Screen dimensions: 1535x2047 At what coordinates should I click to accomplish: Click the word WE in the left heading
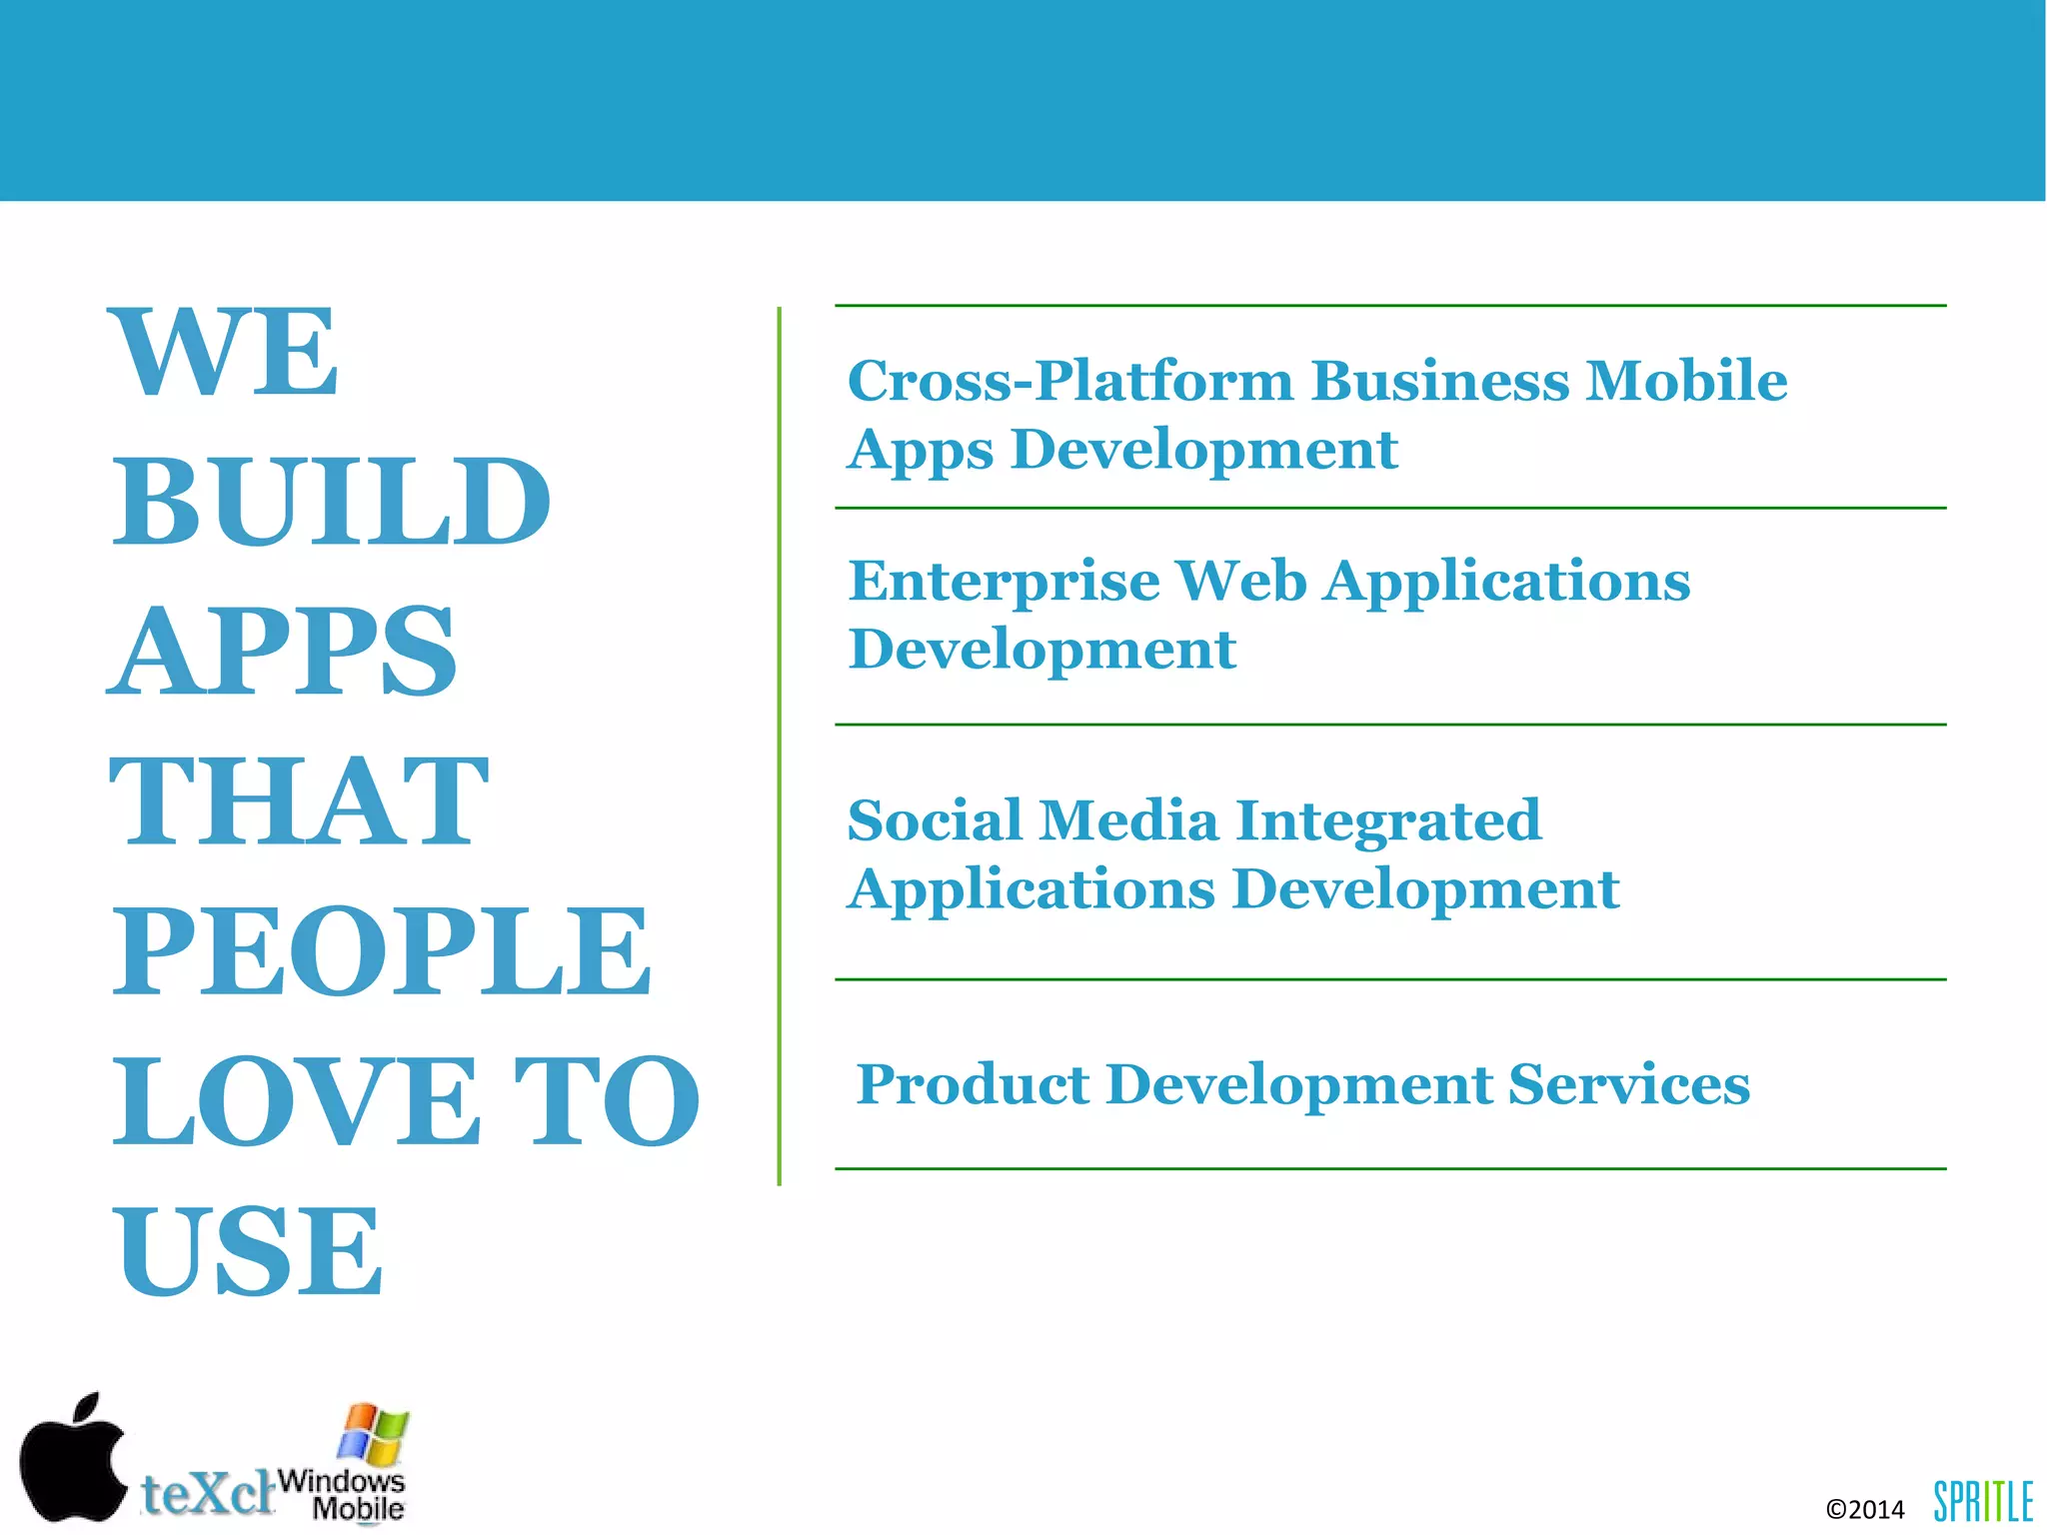coord(226,353)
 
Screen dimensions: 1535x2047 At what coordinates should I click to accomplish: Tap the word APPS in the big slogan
coord(282,652)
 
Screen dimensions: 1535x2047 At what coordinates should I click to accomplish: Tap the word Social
coord(934,820)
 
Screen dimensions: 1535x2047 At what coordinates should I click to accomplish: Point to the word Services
coord(1628,1084)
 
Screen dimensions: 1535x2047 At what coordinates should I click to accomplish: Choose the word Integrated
coord(1388,822)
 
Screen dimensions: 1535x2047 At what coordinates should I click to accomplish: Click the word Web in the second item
coord(1240,581)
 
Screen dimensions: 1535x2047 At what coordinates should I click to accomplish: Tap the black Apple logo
coord(72,1458)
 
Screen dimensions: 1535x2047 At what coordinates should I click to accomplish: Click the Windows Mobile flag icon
coord(373,1433)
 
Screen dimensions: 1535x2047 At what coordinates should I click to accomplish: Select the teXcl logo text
coord(207,1493)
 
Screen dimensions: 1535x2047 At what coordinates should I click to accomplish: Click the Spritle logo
coord(1982,1501)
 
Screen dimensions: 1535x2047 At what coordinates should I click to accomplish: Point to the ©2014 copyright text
coord(1864,1509)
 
